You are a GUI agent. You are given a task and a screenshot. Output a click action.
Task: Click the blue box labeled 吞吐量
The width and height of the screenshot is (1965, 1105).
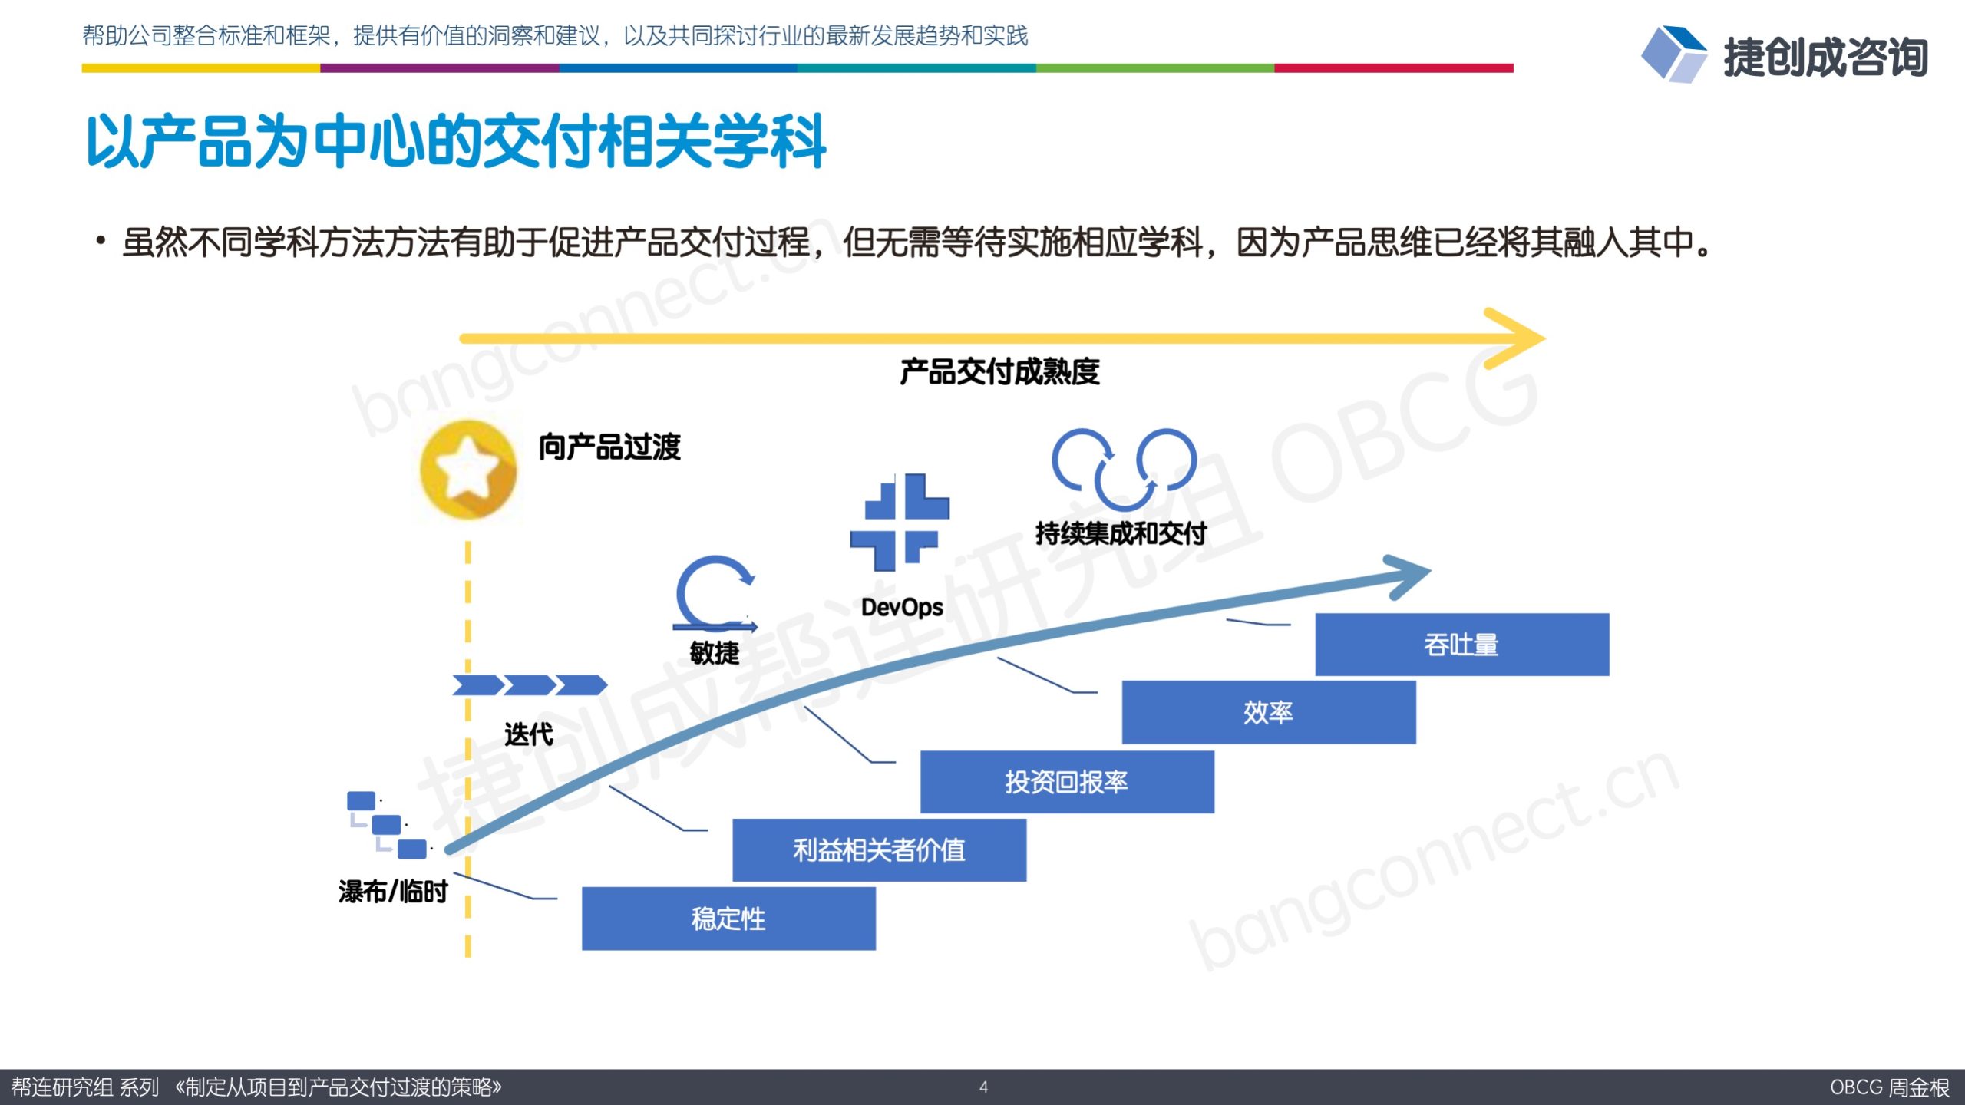coord(1461,645)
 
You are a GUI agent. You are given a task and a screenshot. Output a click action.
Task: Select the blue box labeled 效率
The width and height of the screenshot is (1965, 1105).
coord(1269,712)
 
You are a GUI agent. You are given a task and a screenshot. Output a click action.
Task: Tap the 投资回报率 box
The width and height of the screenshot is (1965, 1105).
coord(1067,781)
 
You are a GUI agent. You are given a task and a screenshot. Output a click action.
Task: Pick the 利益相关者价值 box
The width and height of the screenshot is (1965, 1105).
coord(879,849)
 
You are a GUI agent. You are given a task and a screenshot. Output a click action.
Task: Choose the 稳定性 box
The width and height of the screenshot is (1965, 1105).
coord(728,919)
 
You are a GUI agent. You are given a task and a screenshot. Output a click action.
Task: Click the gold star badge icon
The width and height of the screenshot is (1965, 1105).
coord(468,470)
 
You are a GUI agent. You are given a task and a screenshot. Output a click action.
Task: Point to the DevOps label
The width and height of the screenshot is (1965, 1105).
coord(902,607)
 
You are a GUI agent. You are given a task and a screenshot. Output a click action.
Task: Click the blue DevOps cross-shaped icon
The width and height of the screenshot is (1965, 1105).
coord(900,523)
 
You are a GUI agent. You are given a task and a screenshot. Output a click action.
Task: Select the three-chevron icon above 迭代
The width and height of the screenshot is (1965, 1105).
coord(530,684)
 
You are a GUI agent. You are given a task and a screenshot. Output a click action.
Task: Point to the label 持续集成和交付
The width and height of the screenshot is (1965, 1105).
coord(1121,533)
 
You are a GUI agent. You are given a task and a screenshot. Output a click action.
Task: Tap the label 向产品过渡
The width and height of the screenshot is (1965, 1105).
coord(609,447)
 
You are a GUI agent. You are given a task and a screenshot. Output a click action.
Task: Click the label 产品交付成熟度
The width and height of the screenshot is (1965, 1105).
coord(999,372)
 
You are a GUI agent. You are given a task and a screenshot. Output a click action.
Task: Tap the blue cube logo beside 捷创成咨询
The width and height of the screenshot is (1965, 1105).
coord(1673,54)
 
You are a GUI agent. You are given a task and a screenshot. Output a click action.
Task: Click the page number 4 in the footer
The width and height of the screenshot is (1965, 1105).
coord(983,1087)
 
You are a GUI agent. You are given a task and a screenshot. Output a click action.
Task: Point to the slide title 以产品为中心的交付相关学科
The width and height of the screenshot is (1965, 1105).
coord(456,141)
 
